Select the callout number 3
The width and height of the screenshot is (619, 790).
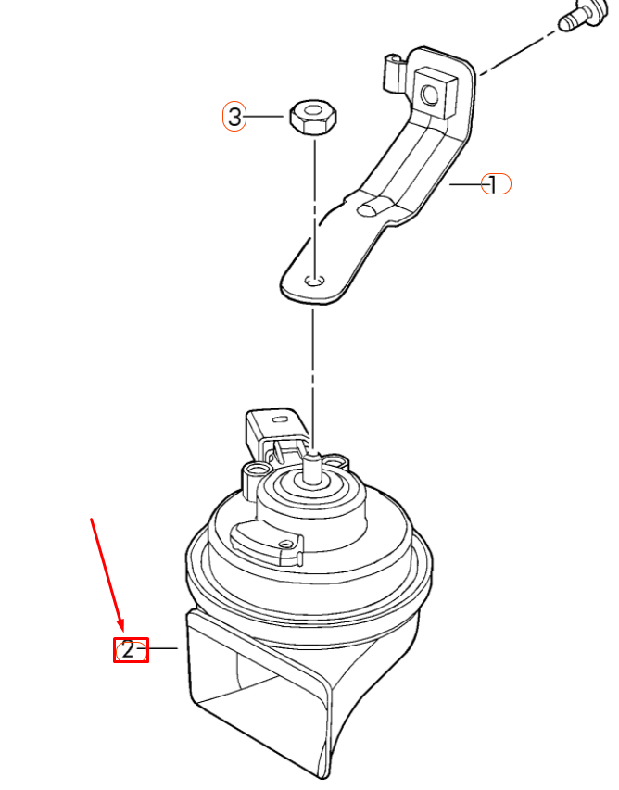[234, 117]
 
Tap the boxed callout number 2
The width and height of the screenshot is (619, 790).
[131, 650]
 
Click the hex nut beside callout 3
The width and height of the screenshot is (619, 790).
[313, 119]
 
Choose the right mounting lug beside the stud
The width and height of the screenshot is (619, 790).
[337, 462]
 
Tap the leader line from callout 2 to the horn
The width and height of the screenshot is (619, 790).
[163, 649]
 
